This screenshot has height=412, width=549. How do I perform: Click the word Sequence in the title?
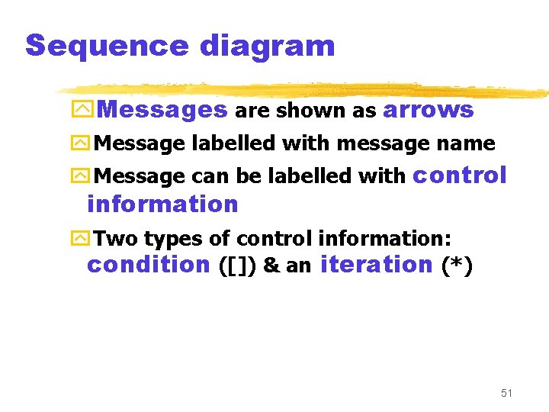click(107, 46)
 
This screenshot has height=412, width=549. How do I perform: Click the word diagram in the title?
click(267, 46)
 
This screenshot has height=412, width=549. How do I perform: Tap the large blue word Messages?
click(162, 111)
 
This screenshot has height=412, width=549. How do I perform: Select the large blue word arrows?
click(428, 111)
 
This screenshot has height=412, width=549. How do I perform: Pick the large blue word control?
click(459, 175)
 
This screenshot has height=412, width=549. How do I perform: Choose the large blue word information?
click(162, 204)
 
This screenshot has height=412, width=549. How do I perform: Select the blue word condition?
click(148, 265)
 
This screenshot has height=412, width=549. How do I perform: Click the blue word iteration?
click(377, 265)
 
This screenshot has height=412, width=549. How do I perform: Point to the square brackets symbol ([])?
click(236, 266)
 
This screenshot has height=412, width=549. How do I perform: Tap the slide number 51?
click(506, 393)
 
